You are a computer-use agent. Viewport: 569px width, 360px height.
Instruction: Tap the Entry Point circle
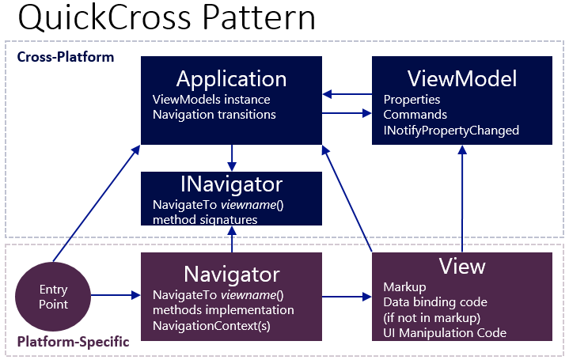point(54,297)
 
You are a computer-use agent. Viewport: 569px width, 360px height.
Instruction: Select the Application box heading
point(231,79)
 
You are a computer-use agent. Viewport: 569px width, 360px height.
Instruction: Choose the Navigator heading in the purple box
point(231,275)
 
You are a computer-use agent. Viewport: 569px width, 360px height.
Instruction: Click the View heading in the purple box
point(462,266)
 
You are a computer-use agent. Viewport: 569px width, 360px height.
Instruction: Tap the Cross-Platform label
point(66,57)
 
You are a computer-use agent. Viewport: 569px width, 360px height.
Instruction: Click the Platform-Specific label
point(73,344)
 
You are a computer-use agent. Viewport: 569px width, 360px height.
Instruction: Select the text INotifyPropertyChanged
point(451,130)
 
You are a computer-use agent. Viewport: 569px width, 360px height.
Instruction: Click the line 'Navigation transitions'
point(214,114)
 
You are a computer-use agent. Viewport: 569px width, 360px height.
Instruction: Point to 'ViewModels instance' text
point(211,100)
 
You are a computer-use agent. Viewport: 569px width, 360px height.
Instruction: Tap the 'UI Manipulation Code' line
point(444,333)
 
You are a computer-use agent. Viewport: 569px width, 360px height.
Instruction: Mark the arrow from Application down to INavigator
point(231,157)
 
